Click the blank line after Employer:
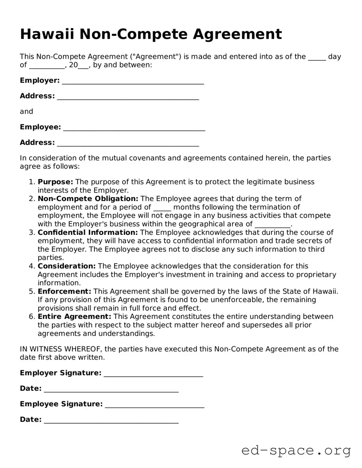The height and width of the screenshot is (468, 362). pyautogui.click(x=133, y=81)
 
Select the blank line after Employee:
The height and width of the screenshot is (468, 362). pyautogui.click(x=134, y=128)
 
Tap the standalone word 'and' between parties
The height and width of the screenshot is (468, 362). pyautogui.click(x=26, y=111)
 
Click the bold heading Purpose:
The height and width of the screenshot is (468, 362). pyautogui.click(x=55, y=182)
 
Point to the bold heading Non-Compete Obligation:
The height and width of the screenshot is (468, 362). pyautogui.click(x=88, y=198)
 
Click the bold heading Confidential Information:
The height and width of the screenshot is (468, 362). pyautogui.click(x=87, y=232)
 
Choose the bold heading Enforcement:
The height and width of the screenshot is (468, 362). pyautogui.click(x=64, y=291)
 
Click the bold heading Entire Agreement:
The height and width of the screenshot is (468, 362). pyautogui.click(x=74, y=317)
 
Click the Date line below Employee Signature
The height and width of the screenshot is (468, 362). pyautogui.click(x=111, y=420)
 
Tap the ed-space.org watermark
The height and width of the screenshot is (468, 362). pyautogui.click(x=296, y=450)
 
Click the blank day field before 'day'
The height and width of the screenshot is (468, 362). pyautogui.click(x=317, y=57)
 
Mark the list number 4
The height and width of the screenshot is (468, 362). pyautogui.click(x=32, y=266)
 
